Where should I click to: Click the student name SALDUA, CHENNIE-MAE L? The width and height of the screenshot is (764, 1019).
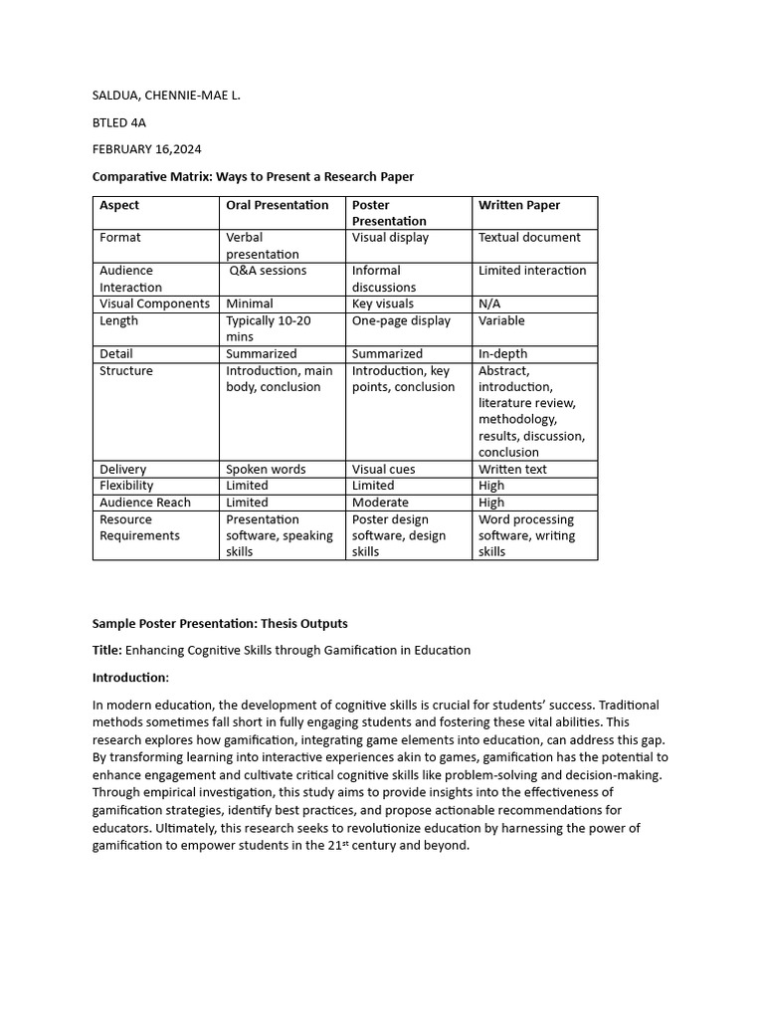(166, 96)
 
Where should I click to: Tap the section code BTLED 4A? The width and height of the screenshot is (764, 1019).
(120, 122)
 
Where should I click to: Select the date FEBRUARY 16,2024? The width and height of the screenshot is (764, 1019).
(146, 149)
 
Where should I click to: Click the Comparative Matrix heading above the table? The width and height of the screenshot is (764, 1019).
(253, 176)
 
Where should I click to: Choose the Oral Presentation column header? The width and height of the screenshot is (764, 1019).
(277, 205)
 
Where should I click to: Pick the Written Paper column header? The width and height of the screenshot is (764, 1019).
(518, 205)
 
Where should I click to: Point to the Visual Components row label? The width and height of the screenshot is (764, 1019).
(154, 304)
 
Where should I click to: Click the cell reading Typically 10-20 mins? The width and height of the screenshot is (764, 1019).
(268, 328)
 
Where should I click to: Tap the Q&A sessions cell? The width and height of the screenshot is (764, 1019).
(268, 271)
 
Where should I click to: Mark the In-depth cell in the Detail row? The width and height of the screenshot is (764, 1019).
(502, 353)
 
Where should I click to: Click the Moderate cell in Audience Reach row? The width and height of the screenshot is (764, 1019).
(380, 503)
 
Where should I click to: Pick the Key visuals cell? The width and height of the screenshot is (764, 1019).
(382, 304)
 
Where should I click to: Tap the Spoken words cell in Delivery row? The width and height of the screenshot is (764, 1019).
(266, 469)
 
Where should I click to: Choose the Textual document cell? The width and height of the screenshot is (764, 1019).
(529, 238)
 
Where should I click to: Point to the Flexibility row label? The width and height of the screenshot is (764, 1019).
(126, 486)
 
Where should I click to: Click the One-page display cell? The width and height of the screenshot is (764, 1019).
(401, 320)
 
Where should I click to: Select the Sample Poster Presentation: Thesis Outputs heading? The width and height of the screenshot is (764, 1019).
(220, 624)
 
